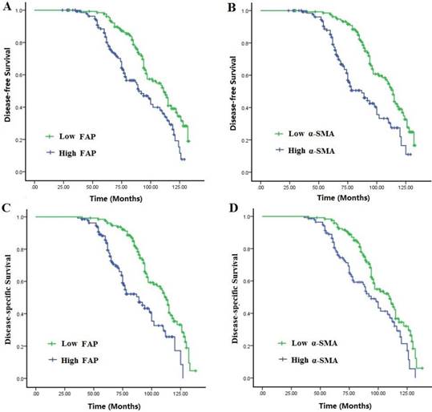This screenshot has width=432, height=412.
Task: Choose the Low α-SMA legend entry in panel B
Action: [302, 135]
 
